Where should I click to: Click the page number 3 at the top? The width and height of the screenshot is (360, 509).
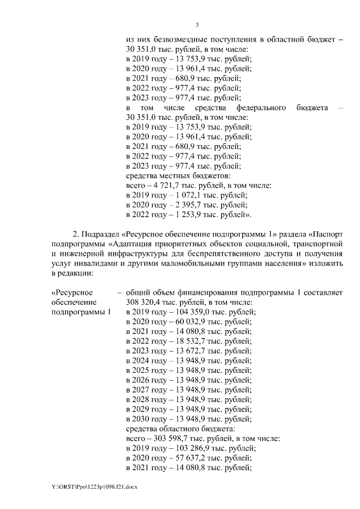pos(197,24)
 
